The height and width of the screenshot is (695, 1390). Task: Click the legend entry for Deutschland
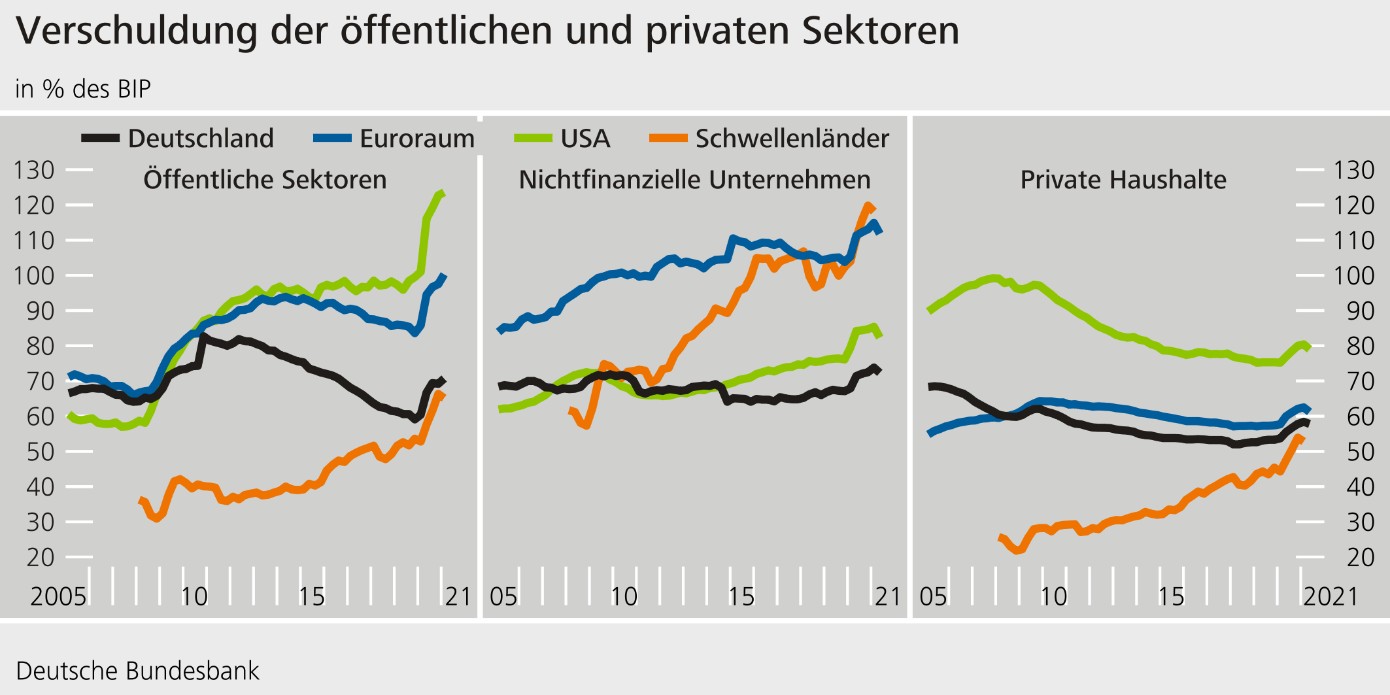tap(200, 139)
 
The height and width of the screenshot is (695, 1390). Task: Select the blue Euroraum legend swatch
tap(333, 138)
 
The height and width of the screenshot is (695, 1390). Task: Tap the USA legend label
tap(585, 139)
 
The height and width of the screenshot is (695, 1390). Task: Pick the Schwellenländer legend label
tap(792, 139)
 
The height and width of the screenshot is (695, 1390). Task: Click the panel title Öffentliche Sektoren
tap(265, 180)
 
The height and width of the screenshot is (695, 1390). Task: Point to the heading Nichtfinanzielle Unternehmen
tap(694, 180)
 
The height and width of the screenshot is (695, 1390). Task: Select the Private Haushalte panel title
tap(1123, 180)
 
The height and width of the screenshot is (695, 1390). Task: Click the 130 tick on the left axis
tap(34, 170)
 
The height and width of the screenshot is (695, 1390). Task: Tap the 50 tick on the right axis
tap(1354, 451)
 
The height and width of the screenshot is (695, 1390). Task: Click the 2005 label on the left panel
tap(58, 596)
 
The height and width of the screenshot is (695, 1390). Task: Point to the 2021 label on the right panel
tap(1331, 596)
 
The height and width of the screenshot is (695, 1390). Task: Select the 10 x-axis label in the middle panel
tap(624, 596)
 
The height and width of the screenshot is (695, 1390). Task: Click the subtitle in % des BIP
tap(83, 89)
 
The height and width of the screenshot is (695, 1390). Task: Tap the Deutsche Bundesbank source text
tap(137, 671)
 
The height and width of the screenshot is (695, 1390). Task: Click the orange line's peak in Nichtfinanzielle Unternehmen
tap(869, 206)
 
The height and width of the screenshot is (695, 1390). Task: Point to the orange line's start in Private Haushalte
tap(1000, 537)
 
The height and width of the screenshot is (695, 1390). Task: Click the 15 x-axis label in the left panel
tap(311, 596)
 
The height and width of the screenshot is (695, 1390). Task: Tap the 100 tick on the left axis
tap(34, 275)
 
